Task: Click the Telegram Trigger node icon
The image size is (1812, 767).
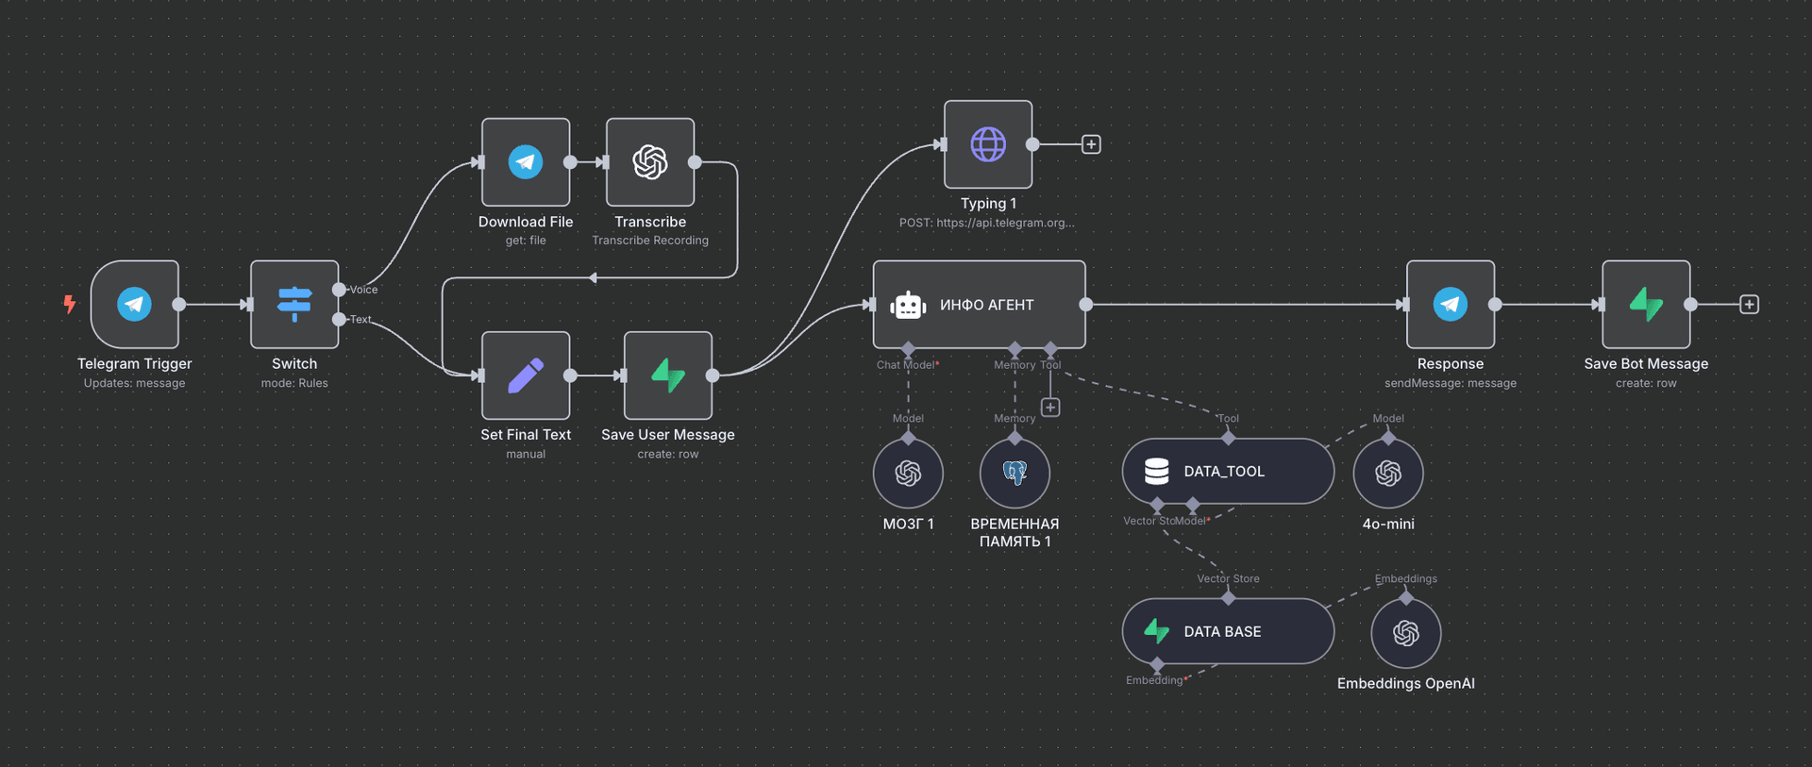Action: pos(134,304)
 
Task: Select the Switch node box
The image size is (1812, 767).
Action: pos(294,304)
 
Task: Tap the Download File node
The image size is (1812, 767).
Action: pos(526,162)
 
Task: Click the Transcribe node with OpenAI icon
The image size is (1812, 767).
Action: pos(650,162)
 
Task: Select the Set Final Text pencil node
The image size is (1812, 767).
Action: pos(526,375)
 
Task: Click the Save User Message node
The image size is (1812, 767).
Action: pos(668,375)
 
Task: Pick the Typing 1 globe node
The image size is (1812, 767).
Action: pos(988,144)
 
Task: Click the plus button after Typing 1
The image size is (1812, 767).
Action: pos(1091,144)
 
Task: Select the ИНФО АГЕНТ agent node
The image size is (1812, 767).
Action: pos(979,305)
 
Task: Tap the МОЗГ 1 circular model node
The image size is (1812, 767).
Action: pos(908,473)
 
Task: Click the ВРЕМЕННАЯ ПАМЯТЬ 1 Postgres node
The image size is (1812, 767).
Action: pos(1015,473)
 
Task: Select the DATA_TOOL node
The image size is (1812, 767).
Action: pos(1227,471)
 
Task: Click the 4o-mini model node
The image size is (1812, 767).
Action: pos(1387,473)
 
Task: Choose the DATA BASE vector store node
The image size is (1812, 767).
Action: pos(1227,631)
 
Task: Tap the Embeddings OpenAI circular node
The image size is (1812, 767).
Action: pos(1405,633)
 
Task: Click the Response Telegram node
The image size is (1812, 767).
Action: pos(1450,304)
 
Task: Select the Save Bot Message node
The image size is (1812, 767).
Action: pos(1646,304)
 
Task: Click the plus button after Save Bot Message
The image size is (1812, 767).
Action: pos(1749,305)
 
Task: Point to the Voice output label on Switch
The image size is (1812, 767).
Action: pos(363,290)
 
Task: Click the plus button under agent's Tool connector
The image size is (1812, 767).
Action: pos(1050,408)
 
